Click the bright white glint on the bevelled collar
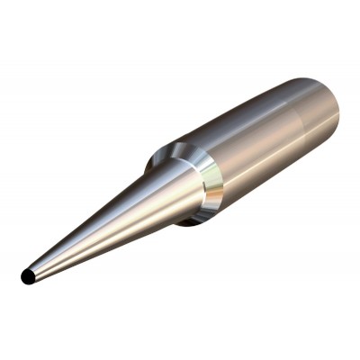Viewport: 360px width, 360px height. click(x=209, y=170)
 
